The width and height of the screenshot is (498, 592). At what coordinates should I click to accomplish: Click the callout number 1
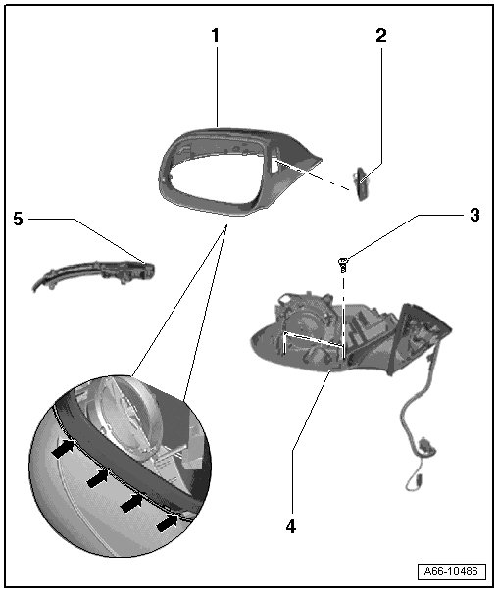click(x=215, y=36)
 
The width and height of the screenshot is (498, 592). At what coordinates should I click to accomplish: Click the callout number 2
click(x=381, y=36)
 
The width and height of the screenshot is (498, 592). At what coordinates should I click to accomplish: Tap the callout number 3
click(x=474, y=215)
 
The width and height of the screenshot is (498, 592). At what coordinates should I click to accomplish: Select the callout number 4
click(x=291, y=526)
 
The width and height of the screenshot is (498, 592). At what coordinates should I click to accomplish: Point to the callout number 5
click(x=18, y=219)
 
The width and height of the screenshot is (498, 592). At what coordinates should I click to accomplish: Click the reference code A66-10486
click(x=451, y=571)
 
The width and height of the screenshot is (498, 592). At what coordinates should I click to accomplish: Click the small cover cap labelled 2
click(x=362, y=184)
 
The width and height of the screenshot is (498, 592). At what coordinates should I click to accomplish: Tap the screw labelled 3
click(x=343, y=265)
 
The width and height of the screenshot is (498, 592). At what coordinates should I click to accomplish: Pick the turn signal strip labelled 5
click(x=94, y=273)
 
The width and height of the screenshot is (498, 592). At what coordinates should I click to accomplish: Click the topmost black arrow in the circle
click(x=64, y=448)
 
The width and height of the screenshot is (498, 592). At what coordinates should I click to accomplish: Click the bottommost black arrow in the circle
click(x=168, y=522)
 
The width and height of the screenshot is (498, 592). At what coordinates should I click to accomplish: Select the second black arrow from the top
click(x=98, y=477)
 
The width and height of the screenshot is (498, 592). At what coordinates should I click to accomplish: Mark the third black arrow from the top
click(x=132, y=503)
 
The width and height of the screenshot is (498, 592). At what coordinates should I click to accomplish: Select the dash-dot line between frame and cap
click(x=314, y=175)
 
